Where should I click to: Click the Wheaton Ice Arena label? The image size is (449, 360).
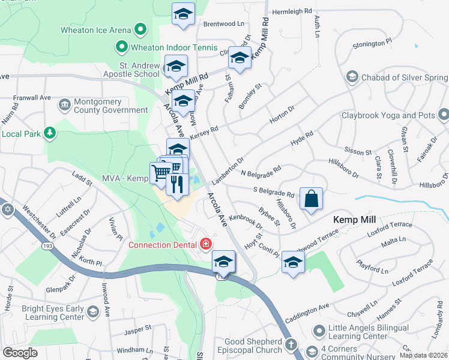(x=96, y=29)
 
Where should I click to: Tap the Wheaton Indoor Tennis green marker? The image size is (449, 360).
(x=121, y=46)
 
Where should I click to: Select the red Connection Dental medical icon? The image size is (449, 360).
(x=206, y=244)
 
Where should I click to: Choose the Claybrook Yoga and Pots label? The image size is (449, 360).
(x=389, y=115)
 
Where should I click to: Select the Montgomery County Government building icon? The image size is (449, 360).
(x=64, y=106)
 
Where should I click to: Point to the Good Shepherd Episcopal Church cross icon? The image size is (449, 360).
(x=291, y=344)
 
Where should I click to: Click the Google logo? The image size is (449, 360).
(x=20, y=352)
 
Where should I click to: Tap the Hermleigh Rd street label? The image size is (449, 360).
(x=292, y=11)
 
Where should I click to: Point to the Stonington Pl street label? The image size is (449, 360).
(x=372, y=44)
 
